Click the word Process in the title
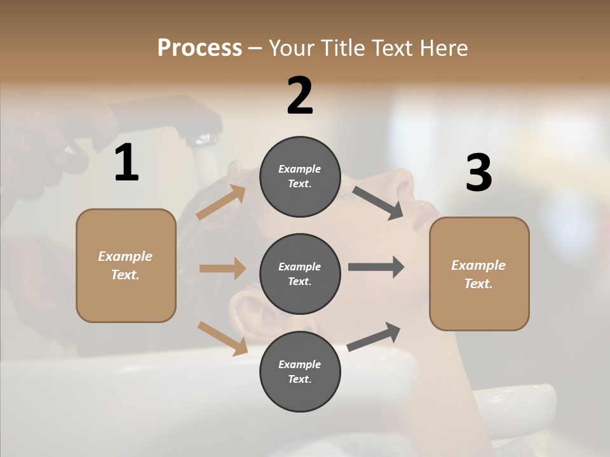(x=200, y=48)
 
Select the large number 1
(x=126, y=163)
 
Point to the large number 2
(x=300, y=96)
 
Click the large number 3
(x=478, y=173)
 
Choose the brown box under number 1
(x=126, y=265)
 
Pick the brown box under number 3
(x=479, y=274)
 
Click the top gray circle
(x=300, y=176)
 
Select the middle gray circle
(x=300, y=274)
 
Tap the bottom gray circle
(x=300, y=372)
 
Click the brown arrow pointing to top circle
(x=222, y=202)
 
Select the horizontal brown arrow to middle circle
(x=222, y=268)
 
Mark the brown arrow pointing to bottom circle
(x=223, y=338)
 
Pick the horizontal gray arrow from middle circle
(x=376, y=267)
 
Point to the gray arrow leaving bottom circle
(x=374, y=336)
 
